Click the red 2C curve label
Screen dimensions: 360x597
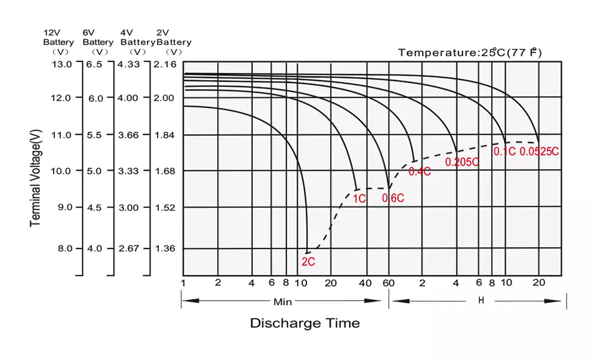308,261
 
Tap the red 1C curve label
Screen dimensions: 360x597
359,199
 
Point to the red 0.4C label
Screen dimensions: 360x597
419,172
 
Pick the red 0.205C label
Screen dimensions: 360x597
462,162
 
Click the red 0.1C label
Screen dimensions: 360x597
504,152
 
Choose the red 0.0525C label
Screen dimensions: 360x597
539,152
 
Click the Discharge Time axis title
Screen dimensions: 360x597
304,324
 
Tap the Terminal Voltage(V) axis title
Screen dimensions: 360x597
36,179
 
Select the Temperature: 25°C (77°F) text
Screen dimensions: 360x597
470,53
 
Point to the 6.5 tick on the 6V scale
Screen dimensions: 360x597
96,64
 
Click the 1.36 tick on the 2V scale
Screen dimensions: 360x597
165,248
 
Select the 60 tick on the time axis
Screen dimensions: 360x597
389,282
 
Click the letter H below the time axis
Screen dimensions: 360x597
481,300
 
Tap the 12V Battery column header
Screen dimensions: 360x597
59,38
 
